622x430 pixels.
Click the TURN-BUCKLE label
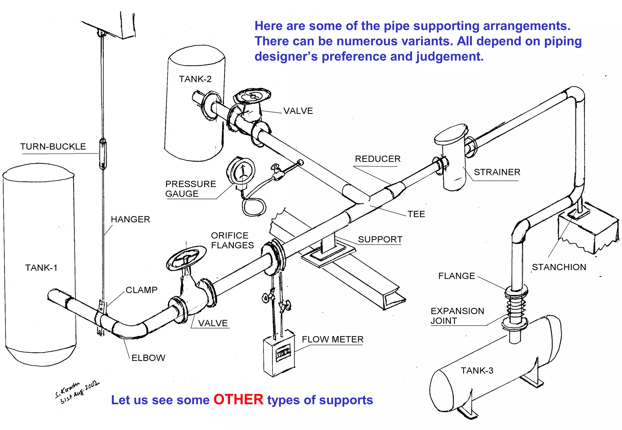pyautogui.click(x=53, y=146)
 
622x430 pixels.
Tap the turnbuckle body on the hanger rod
pyautogui.click(x=103, y=154)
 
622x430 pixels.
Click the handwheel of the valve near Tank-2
pyautogui.click(x=252, y=96)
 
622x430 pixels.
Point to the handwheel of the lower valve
pyautogui.click(x=186, y=258)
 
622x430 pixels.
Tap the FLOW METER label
pyautogui.click(x=333, y=339)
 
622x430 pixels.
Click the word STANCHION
pyautogui.click(x=559, y=267)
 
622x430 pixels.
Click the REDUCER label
pyautogui.click(x=378, y=159)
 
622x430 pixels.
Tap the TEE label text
pyautogui.click(x=416, y=214)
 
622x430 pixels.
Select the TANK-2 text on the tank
pyautogui.click(x=195, y=79)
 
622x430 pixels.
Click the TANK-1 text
pyautogui.click(x=41, y=268)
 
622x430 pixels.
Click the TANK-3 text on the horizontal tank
pyautogui.click(x=477, y=371)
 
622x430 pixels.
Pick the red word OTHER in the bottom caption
pyautogui.click(x=238, y=400)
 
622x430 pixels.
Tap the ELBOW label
pyautogui.click(x=148, y=358)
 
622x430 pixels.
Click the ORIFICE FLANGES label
pyautogui.click(x=232, y=240)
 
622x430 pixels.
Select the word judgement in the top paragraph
pyautogui.click(x=449, y=56)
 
